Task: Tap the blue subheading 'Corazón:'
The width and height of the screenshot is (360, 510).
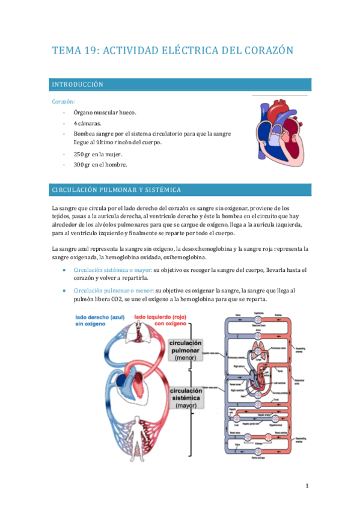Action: [64, 102]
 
